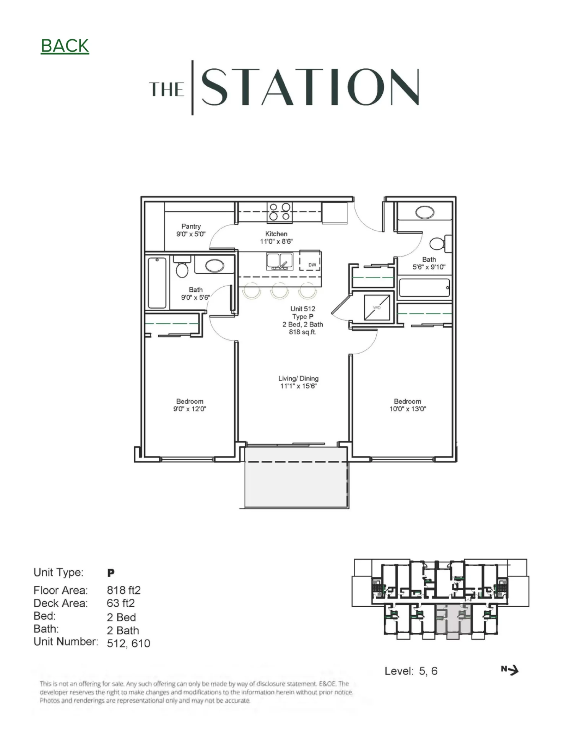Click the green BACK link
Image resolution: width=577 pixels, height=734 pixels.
tap(65, 46)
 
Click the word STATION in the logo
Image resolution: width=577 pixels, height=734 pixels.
tap(310, 87)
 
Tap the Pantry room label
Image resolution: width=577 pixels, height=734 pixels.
tap(191, 226)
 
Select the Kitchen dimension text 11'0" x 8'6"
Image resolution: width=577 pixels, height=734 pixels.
tap(276, 241)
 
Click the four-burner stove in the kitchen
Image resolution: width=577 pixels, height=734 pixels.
tap(280, 212)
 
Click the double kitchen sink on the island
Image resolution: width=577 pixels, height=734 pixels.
tap(279, 261)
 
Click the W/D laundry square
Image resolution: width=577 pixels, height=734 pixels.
tap(377, 307)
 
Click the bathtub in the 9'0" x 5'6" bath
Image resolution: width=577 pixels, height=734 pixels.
tap(157, 283)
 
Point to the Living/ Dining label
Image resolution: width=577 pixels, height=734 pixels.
tap(298, 378)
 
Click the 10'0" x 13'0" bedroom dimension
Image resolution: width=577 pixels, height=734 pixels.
tap(408, 409)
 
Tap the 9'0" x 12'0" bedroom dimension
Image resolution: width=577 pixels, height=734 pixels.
tap(190, 409)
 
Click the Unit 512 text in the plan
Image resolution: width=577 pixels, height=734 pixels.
tap(302, 309)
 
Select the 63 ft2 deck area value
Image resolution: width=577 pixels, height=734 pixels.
tap(120, 603)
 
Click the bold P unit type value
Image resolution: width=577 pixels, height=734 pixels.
tap(111, 573)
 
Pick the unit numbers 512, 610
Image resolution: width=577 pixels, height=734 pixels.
tap(128, 643)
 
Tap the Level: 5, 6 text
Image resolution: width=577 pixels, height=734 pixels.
tap(411, 671)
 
